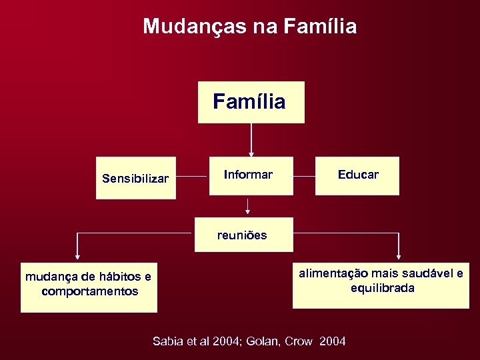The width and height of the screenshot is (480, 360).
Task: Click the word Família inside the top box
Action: click(x=249, y=102)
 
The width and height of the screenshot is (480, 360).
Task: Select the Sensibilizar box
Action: click(x=135, y=179)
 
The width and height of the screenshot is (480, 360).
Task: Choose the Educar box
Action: click(x=357, y=175)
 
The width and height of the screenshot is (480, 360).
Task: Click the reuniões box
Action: click(x=244, y=235)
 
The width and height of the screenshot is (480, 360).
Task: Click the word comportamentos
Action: click(x=89, y=291)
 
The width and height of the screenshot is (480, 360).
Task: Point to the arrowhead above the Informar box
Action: click(x=251, y=154)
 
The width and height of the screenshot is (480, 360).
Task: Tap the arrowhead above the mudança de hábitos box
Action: click(x=77, y=255)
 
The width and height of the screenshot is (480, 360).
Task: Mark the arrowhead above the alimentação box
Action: click(x=399, y=255)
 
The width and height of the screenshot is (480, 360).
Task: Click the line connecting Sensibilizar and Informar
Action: click(x=193, y=177)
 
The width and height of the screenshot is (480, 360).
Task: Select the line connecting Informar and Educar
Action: click(x=304, y=177)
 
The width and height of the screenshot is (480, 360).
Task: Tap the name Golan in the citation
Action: click(x=262, y=341)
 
